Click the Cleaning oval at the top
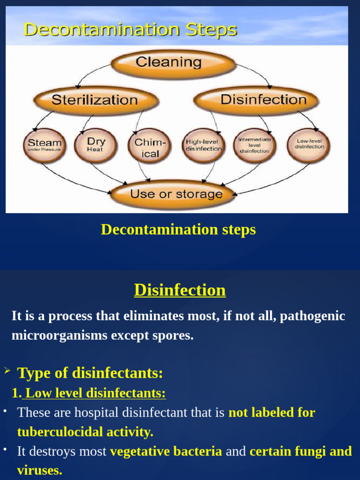173,63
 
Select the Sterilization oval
95,100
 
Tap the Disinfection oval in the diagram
257,100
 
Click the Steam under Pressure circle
45,145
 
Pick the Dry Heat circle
96,145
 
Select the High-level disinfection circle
203,145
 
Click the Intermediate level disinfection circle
255,145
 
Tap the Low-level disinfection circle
309,144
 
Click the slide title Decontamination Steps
130,30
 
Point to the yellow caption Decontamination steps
179,230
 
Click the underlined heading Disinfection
180,290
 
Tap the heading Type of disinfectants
90,373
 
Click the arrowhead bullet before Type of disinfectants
7,371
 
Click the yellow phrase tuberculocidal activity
85,432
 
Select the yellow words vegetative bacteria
166,451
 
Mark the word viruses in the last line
39,471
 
